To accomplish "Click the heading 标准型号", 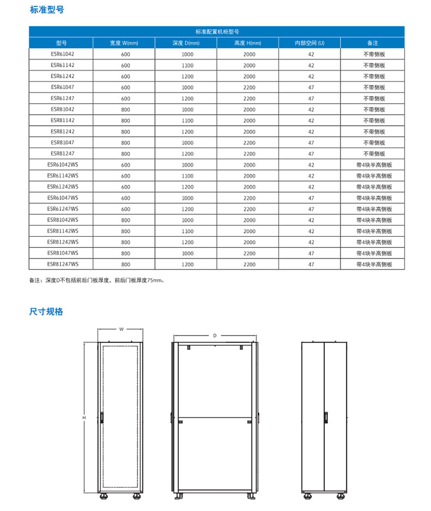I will (x=46, y=10).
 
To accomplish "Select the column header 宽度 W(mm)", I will (x=124, y=43).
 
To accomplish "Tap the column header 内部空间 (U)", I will (x=309, y=43).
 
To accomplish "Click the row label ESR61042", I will (x=61, y=54).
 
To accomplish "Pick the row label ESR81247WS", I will (x=61, y=264).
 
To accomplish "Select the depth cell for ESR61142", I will (x=187, y=65).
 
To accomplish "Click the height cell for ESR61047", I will (x=249, y=87).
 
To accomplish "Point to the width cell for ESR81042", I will (x=125, y=109).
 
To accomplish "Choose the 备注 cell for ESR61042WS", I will (x=374, y=165).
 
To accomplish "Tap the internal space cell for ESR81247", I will (x=310, y=154).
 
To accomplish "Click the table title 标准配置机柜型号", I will (x=217, y=32).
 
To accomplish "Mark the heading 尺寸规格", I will (x=46, y=312).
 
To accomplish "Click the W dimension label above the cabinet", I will (x=121, y=329).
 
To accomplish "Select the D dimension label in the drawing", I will (x=215, y=334).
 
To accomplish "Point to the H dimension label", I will (x=84, y=418).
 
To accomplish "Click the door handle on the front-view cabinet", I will (x=101, y=417).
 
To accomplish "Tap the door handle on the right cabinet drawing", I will (x=326, y=416).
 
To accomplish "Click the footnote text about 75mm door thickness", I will (x=97, y=280).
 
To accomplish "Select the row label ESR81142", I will (x=61, y=120).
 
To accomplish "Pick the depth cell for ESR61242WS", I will (x=187, y=187).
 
